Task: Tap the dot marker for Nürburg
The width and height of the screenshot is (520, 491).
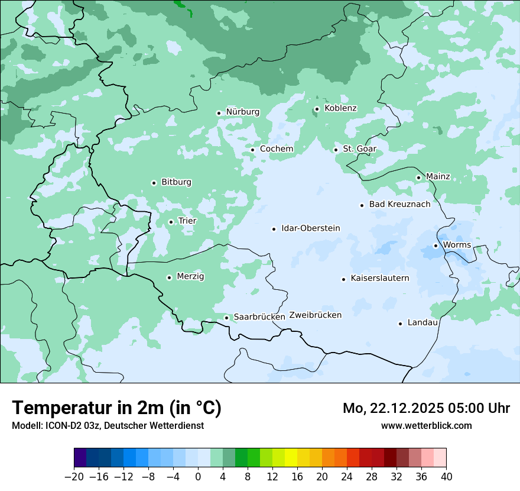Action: pyautogui.click(x=219, y=112)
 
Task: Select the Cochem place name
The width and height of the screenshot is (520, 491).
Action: pyautogui.click(x=276, y=149)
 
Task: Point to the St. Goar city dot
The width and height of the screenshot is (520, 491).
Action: pyautogui.click(x=336, y=150)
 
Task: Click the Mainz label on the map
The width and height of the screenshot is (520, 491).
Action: pyautogui.click(x=438, y=177)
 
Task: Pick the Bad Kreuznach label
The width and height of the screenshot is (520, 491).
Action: pyautogui.click(x=399, y=205)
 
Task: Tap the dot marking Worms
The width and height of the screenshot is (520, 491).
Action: pyautogui.click(x=435, y=246)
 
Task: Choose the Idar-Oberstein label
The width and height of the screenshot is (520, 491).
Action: pyautogui.click(x=310, y=228)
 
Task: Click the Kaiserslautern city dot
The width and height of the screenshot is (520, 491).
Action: pyautogui.click(x=343, y=279)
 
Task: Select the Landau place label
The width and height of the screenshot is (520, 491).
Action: pyautogui.click(x=422, y=323)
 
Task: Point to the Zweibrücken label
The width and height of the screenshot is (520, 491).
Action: pyautogui.click(x=315, y=315)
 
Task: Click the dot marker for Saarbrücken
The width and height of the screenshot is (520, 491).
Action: pyautogui.click(x=226, y=318)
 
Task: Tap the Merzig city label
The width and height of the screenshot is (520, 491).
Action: pyautogui.click(x=190, y=277)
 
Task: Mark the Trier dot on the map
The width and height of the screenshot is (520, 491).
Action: pyautogui.click(x=171, y=222)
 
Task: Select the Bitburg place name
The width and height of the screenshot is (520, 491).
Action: pyautogui.click(x=176, y=182)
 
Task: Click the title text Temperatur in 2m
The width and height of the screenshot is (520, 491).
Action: pyautogui.click(x=116, y=408)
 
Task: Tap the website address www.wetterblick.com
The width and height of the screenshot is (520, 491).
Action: pyautogui.click(x=426, y=425)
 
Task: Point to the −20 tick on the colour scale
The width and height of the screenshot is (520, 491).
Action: pyautogui.click(x=74, y=477)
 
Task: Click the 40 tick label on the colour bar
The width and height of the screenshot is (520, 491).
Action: pyautogui.click(x=446, y=477)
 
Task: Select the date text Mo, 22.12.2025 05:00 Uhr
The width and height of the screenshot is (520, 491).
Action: pyautogui.click(x=426, y=408)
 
